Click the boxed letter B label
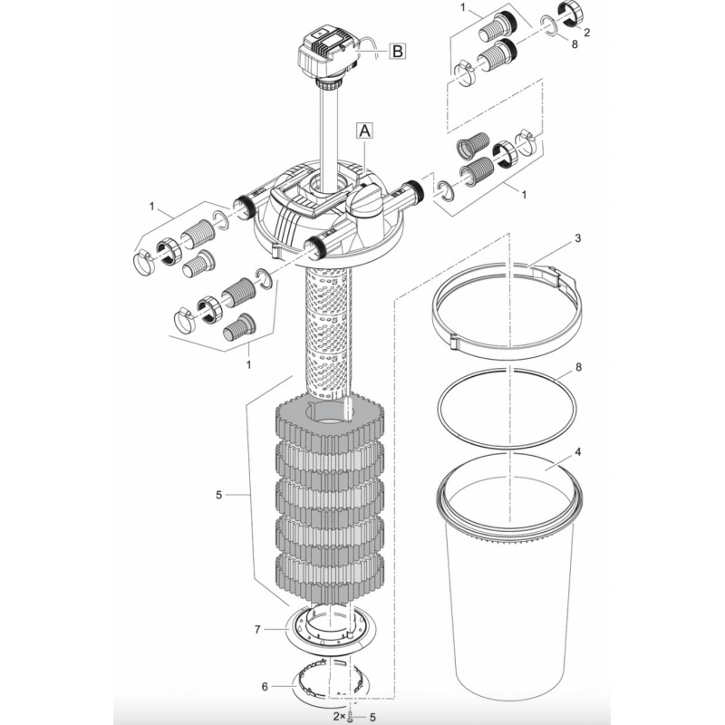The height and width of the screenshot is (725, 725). click(x=398, y=51)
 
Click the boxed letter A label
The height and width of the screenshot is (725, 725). click(x=365, y=130)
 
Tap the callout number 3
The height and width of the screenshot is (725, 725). click(x=577, y=238)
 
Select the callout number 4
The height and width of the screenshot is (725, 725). click(x=577, y=451)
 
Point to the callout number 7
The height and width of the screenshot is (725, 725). click(x=257, y=629)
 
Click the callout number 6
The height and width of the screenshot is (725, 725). click(x=265, y=687)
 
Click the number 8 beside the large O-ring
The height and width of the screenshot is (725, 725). click(x=578, y=367)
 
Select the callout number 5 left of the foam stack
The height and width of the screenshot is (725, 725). click(x=218, y=495)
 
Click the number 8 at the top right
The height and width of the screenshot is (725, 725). click(x=575, y=44)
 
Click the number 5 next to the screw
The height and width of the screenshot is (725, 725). click(x=372, y=717)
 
